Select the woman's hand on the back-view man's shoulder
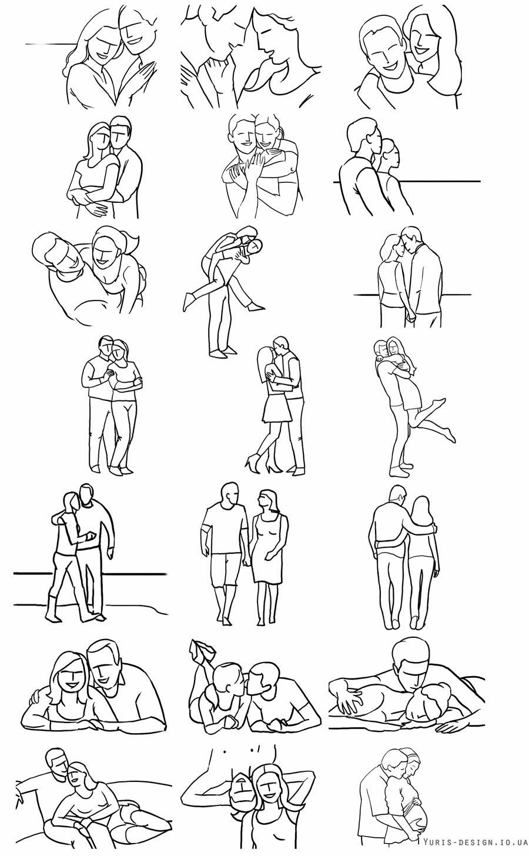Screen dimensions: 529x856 433,529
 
